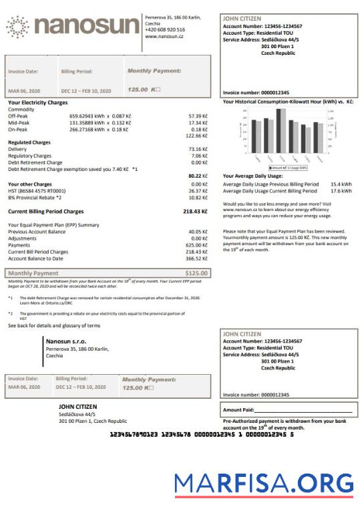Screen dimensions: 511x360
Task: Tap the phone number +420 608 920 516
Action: (x=165, y=29)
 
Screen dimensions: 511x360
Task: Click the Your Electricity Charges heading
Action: (x=38, y=102)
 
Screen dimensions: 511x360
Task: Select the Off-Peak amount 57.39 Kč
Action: (x=198, y=116)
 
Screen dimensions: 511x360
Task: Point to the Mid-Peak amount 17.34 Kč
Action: (x=198, y=122)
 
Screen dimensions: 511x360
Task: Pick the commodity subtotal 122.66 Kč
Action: (x=196, y=136)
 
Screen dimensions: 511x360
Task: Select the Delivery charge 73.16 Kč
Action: (x=198, y=149)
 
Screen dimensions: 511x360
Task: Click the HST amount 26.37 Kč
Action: (x=198, y=190)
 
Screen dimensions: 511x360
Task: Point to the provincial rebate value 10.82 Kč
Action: (x=198, y=197)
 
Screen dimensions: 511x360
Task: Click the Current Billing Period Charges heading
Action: (x=45, y=211)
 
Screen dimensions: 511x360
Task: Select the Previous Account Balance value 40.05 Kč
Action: (x=198, y=231)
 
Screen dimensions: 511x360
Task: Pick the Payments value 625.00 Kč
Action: (x=196, y=244)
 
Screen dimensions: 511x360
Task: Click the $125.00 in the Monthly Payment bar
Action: (x=196, y=273)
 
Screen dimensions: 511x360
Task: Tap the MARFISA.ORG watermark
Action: (x=264, y=483)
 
